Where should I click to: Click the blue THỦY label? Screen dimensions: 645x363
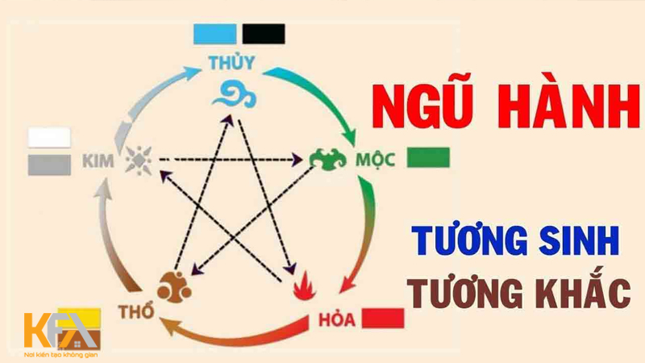tap(231, 62)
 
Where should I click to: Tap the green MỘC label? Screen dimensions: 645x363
tap(375, 160)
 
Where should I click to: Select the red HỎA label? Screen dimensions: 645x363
tap(337, 319)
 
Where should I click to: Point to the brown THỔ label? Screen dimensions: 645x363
tap(136, 312)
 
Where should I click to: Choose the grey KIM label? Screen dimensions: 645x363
tap(98, 161)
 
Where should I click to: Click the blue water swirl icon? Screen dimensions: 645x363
tap(235, 94)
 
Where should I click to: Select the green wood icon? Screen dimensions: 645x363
tap(328, 159)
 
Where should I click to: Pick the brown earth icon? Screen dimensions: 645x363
tap(174, 286)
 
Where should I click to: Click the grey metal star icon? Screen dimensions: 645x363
tap(139, 160)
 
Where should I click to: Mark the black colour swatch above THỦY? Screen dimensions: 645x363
tap(264, 34)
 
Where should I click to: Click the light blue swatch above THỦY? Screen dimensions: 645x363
tap(215, 34)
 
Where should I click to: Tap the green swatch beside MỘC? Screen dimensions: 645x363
tap(428, 157)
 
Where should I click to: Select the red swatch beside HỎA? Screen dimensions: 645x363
tap(383, 318)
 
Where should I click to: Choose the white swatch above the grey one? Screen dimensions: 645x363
tap(49, 138)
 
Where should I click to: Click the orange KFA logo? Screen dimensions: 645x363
tap(62, 332)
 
